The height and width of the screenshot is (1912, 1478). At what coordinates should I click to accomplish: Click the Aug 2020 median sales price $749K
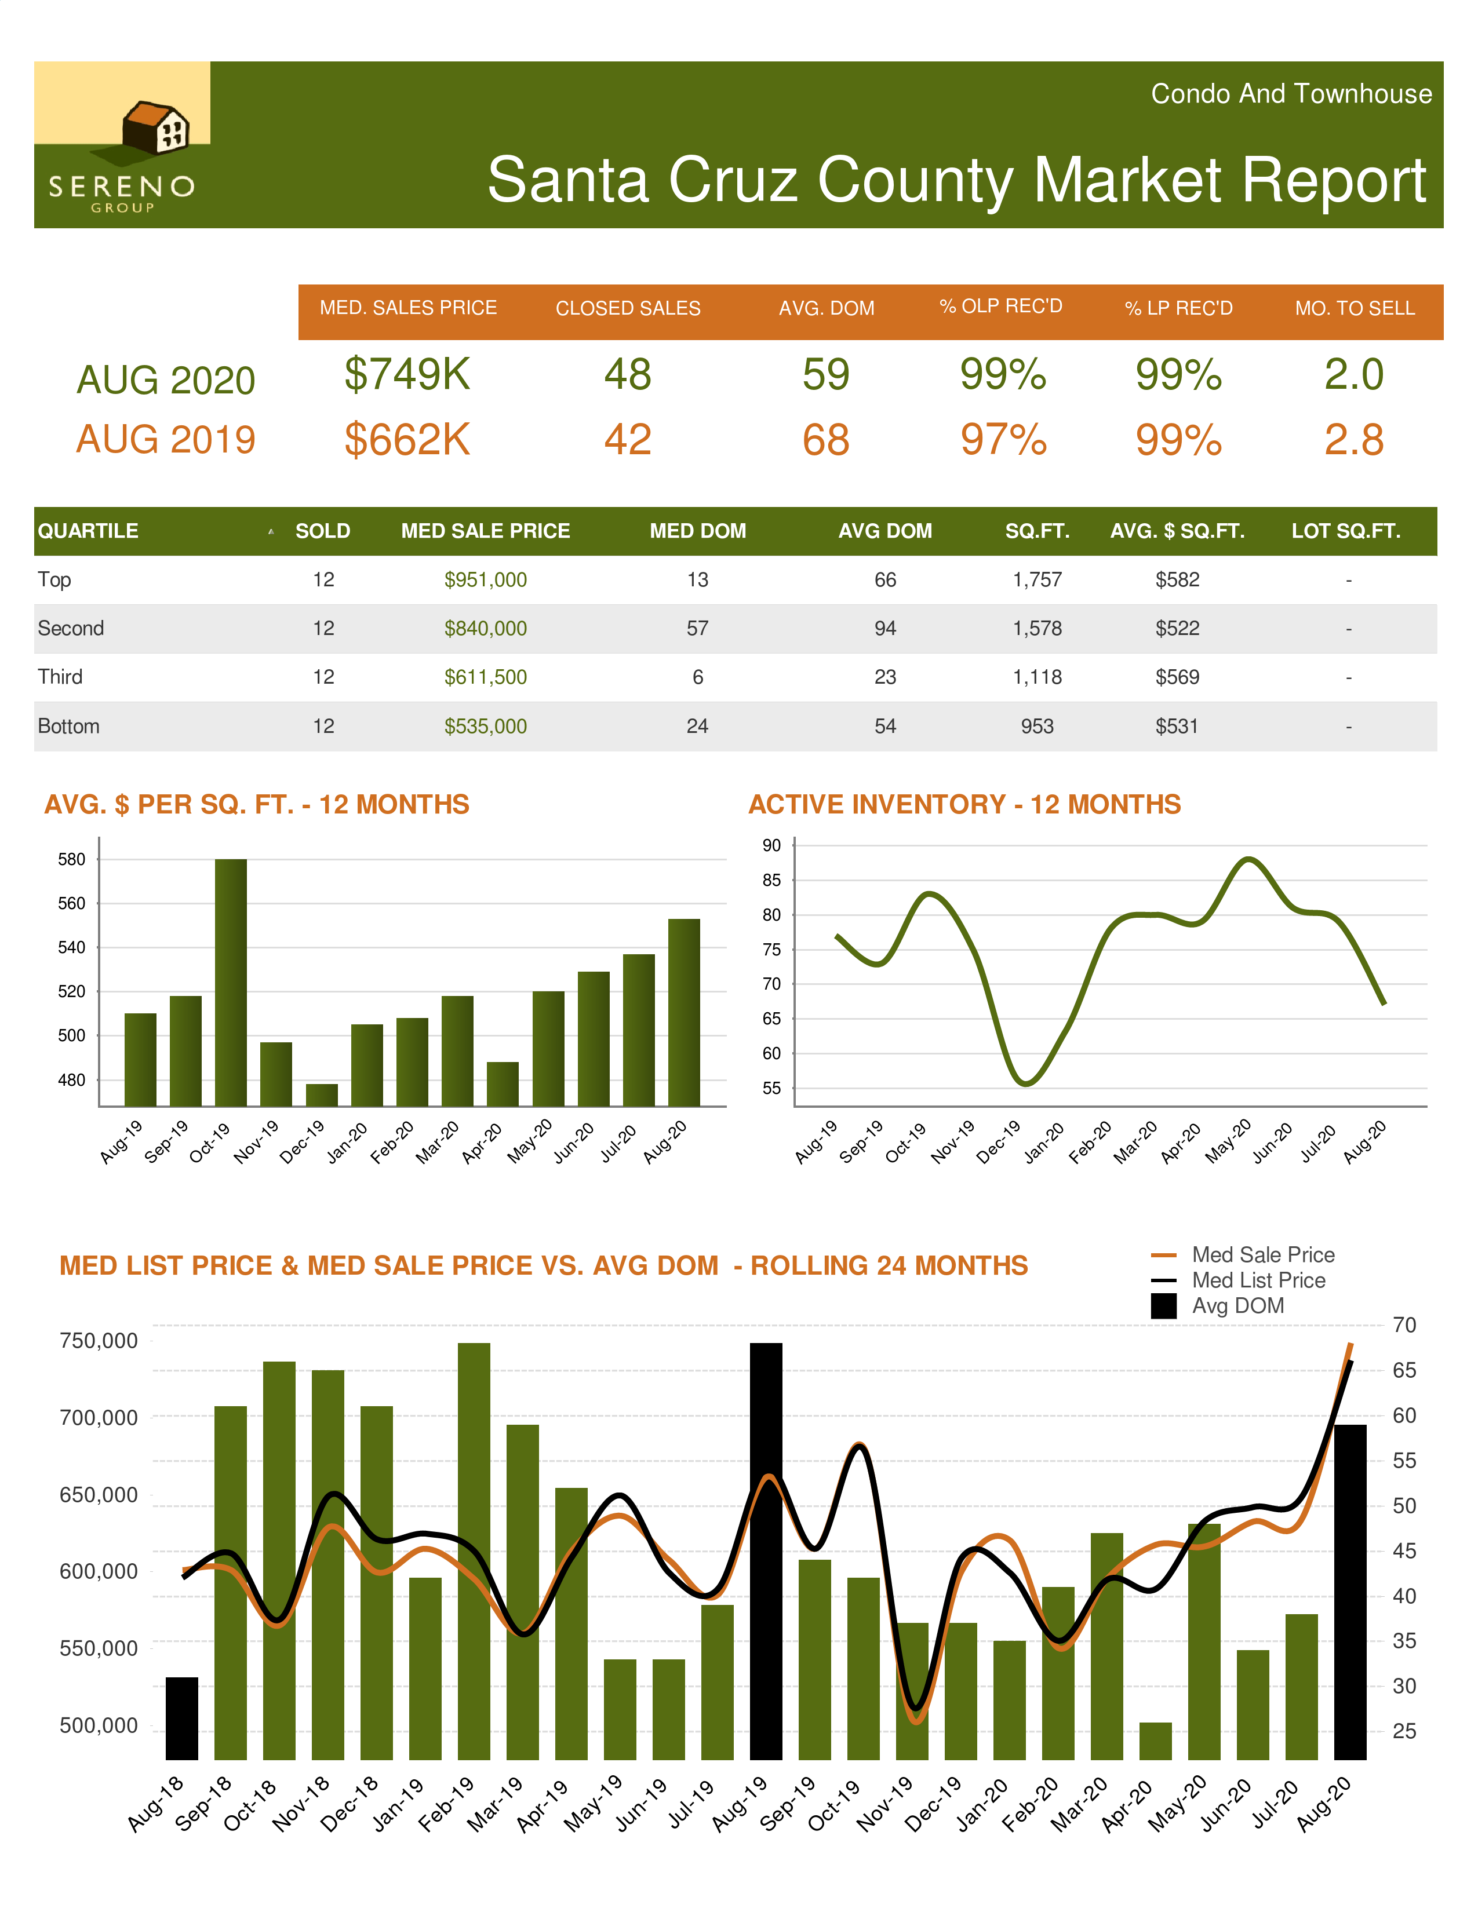tap(407, 375)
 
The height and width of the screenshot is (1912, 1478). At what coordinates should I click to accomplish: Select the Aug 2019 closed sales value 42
tap(628, 440)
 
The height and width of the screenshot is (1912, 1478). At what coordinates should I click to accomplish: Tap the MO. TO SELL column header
tap(1355, 308)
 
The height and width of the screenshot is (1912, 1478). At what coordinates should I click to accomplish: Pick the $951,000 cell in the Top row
tap(485, 579)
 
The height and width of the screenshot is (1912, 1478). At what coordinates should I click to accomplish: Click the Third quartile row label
tap(60, 677)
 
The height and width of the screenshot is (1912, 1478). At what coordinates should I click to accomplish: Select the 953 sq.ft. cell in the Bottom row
tap(1037, 726)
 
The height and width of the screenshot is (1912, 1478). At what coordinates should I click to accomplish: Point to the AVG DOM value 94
tap(884, 629)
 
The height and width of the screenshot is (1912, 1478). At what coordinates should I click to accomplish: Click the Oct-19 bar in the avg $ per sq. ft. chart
tap(231, 980)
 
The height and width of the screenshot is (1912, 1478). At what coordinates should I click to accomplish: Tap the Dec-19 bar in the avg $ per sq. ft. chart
tap(321, 1094)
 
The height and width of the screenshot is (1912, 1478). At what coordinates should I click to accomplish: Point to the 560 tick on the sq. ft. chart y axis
tap(72, 903)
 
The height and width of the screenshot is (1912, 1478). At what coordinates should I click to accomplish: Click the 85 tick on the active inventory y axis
tap(771, 880)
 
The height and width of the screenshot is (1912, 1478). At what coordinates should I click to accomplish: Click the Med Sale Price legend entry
tap(1262, 1254)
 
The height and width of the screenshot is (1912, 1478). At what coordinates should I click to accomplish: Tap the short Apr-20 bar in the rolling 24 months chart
tap(1155, 1740)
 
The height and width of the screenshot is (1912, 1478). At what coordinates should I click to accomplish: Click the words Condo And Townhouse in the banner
tap(1291, 94)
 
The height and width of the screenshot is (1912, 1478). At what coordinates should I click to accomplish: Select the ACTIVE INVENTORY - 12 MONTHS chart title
tap(964, 804)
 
